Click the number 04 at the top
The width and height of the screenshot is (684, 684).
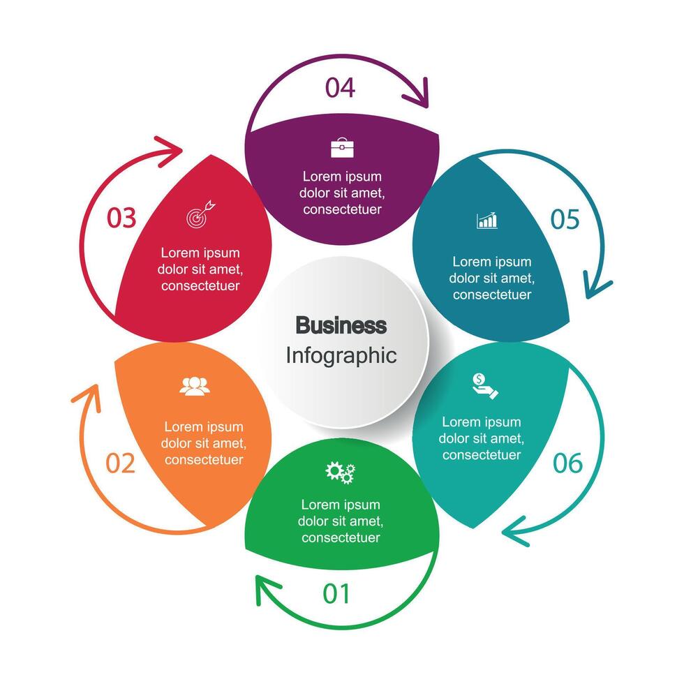340,88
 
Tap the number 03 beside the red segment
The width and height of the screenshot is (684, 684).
121,218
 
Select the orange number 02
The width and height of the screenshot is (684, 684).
120,463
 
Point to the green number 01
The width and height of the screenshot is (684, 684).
336,593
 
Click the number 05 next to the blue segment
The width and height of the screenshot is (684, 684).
565,219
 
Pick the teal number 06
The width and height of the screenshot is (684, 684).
567,463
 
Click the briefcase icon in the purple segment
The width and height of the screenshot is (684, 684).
342,148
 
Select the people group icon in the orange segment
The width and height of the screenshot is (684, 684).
195,386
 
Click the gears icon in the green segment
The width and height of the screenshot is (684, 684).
341,473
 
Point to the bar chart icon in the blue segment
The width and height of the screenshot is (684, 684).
487,221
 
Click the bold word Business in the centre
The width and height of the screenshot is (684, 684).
341,325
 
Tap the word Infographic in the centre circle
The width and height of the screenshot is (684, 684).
341,355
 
